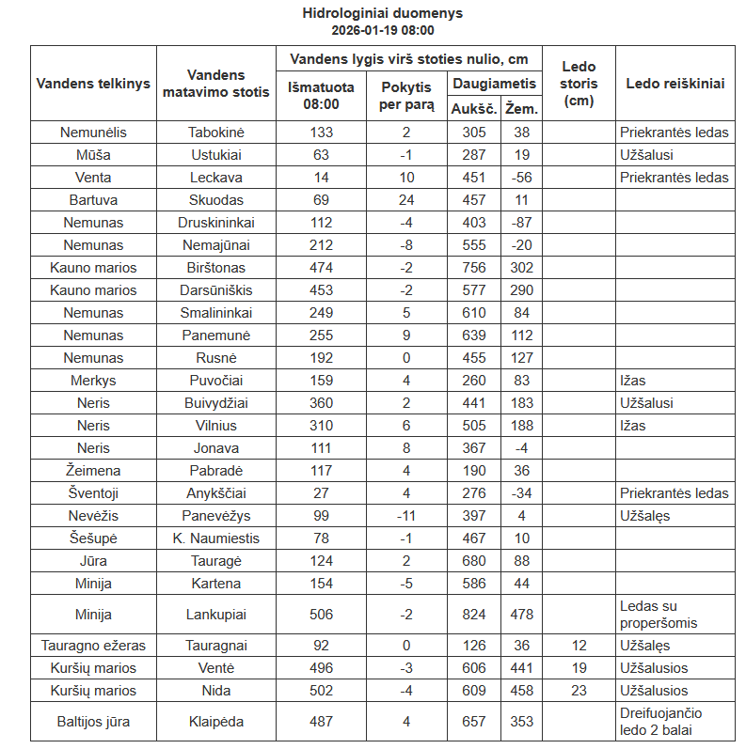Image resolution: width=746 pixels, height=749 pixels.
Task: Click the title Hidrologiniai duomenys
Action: click(x=382, y=13)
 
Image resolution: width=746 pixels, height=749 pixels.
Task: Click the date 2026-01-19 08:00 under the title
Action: click(x=382, y=30)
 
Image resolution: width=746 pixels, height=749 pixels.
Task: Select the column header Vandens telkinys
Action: click(x=93, y=83)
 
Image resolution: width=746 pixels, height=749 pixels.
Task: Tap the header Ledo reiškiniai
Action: click(x=675, y=83)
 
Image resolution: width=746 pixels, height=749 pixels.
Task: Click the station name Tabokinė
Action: click(x=215, y=133)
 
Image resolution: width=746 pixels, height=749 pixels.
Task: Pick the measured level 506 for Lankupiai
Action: click(x=321, y=614)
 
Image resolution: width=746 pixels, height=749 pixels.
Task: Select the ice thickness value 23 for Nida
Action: click(x=579, y=691)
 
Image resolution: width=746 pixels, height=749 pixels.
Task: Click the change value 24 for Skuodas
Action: click(x=405, y=200)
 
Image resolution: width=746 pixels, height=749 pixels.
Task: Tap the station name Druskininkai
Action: click(x=215, y=223)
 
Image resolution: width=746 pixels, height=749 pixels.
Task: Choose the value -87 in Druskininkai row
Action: click(x=521, y=223)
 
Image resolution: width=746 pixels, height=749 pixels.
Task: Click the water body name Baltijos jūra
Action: click(x=93, y=722)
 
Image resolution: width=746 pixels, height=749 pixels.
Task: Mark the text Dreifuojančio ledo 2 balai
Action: click(x=660, y=722)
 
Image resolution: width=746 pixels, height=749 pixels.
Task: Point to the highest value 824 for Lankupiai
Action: click(x=474, y=614)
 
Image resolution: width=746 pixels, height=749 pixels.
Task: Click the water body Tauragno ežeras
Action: click(x=93, y=646)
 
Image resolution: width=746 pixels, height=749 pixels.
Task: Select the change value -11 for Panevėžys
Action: click(x=405, y=516)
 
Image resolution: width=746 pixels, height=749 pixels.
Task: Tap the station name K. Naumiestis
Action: click(x=215, y=538)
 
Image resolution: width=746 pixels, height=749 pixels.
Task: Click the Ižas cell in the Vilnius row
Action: click(x=633, y=426)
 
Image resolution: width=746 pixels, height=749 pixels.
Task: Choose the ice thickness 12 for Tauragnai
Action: click(x=579, y=646)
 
